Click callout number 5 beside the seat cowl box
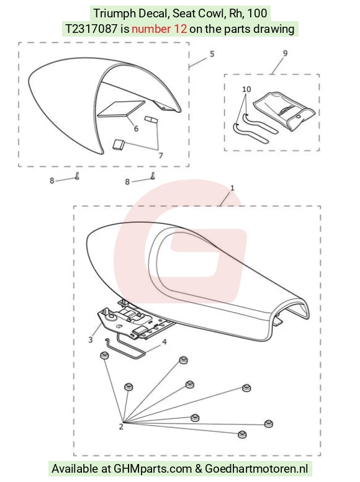pos(212,54)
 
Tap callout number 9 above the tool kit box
pos(286,53)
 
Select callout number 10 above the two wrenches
pos(246,89)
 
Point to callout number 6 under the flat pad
pos(136,128)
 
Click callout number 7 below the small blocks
pos(161,156)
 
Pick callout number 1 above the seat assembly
pos(232,187)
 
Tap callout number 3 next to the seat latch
pos(91,340)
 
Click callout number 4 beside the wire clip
pos(164,342)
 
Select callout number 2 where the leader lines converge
pos(121,427)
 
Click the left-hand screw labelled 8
pos(77,176)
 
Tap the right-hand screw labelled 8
pos(153,176)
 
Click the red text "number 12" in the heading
pos(159,29)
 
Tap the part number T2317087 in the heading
pos(91,29)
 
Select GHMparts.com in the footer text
pos(153,469)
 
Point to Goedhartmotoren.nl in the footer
pos(256,469)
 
